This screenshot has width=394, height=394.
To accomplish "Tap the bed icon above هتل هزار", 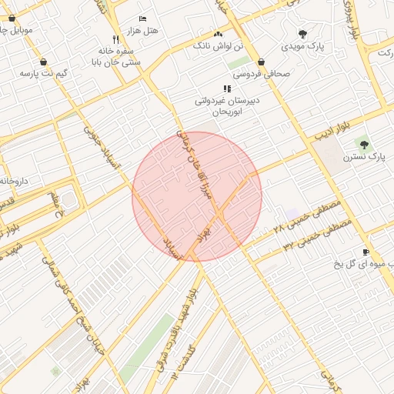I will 142,18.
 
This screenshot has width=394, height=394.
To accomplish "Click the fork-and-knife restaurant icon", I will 115,39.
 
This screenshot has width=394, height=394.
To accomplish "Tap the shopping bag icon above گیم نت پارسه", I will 43,62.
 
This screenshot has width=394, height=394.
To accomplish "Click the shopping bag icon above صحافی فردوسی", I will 262,62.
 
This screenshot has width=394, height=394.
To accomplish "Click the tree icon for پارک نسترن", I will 363,144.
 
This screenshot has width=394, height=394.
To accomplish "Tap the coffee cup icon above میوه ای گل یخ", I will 366,252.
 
